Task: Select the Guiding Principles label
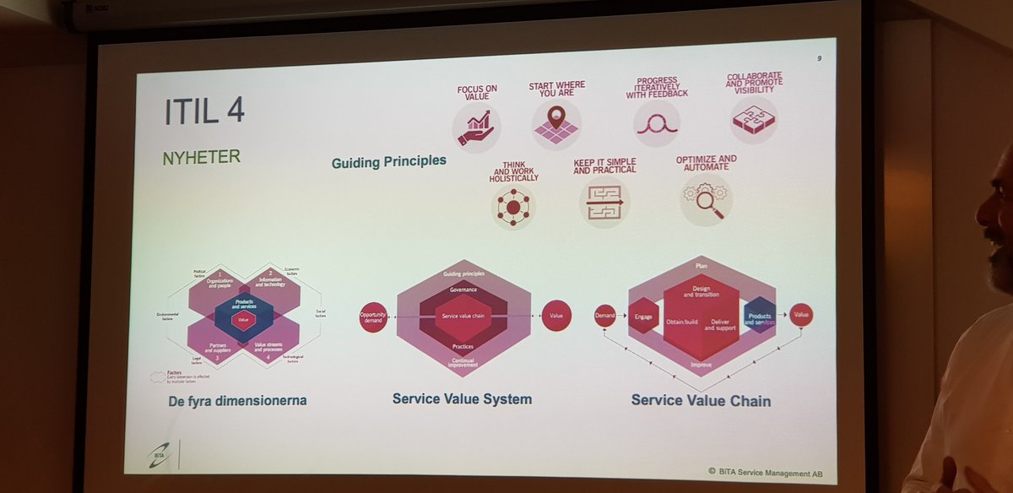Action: (x=388, y=160)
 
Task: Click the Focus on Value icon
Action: (x=476, y=127)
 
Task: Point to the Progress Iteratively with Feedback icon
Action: (x=656, y=123)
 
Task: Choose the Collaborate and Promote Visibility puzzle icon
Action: (x=754, y=120)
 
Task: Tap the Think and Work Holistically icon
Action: (x=513, y=205)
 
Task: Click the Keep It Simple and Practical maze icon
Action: (x=604, y=203)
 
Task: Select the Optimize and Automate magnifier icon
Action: (x=705, y=199)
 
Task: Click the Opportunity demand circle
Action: (x=373, y=317)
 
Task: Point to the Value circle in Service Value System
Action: (x=556, y=316)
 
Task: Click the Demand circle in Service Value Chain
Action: (x=605, y=316)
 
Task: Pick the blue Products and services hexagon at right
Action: (x=759, y=315)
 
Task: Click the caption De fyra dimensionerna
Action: (x=237, y=400)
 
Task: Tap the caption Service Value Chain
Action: (x=701, y=401)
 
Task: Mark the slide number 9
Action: (x=821, y=58)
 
